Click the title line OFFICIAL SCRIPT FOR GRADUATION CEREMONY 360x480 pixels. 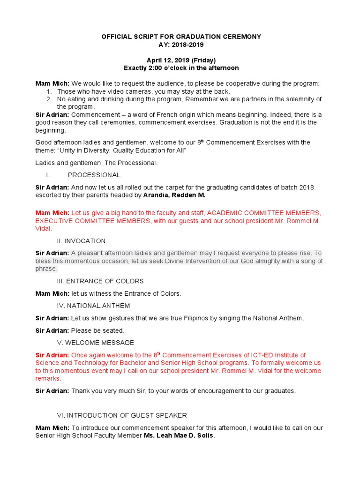tap(181, 37)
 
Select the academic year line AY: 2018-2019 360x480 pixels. tap(181, 45)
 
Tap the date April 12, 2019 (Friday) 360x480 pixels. tap(181, 60)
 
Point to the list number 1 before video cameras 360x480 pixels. tap(49, 91)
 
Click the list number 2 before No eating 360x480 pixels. tap(49, 99)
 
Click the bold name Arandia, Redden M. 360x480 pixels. tap(174, 195)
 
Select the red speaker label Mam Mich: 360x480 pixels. tap(52, 213)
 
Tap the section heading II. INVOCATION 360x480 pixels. tap(81, 241)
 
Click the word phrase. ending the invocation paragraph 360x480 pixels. tap(46, 269)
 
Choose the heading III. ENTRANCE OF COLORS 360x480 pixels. tap(100, 281)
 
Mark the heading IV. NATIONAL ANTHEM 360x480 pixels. tap(93, 306)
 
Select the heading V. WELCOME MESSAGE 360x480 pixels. tap(95, 343)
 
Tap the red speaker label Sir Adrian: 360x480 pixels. tap(52, 355)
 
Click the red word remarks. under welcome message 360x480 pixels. tap(48, 378)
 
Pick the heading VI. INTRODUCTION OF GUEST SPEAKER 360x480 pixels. tap(121, 415)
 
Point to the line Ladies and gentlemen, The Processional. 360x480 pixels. tap(97, 163)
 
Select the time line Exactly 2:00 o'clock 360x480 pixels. tap(181, 68)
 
